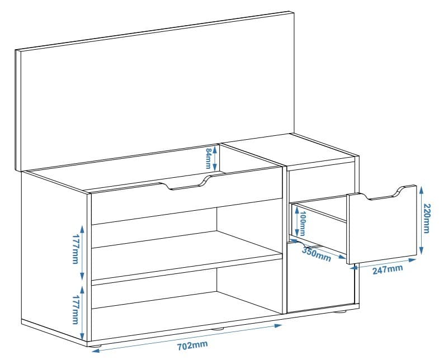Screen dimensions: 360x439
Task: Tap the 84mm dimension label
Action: point(208,159)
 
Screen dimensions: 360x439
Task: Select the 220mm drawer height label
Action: point(427,217)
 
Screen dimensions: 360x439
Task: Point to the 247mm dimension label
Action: point(387,269)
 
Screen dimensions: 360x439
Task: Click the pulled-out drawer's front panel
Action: point(383,229)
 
